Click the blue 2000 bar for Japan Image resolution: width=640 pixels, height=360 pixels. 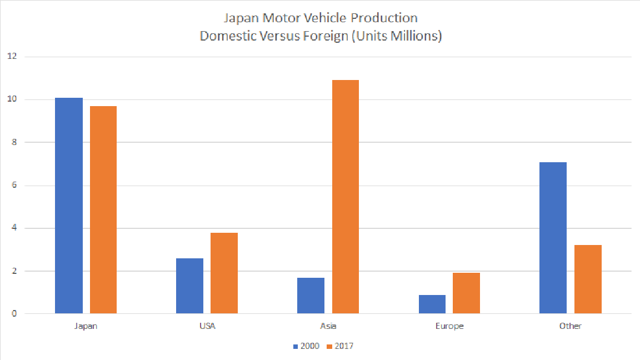69,206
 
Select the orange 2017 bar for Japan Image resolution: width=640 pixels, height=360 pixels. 103,210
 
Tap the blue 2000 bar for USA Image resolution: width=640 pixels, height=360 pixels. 189,286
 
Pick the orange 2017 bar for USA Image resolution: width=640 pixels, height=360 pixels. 224,273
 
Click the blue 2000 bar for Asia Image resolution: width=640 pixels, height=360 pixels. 311,296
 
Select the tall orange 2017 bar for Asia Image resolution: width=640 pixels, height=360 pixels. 345,197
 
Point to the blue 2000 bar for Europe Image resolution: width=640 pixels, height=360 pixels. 432,304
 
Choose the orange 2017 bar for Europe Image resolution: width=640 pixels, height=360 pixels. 466,293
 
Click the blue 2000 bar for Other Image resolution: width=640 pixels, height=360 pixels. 553,238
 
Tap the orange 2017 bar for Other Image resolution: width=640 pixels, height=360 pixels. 588,279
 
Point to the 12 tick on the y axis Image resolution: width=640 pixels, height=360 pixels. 13,57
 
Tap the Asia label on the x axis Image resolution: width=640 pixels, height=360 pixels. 328,326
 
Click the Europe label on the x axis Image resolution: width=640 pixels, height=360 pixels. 449,326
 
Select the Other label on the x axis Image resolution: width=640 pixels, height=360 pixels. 570,326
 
